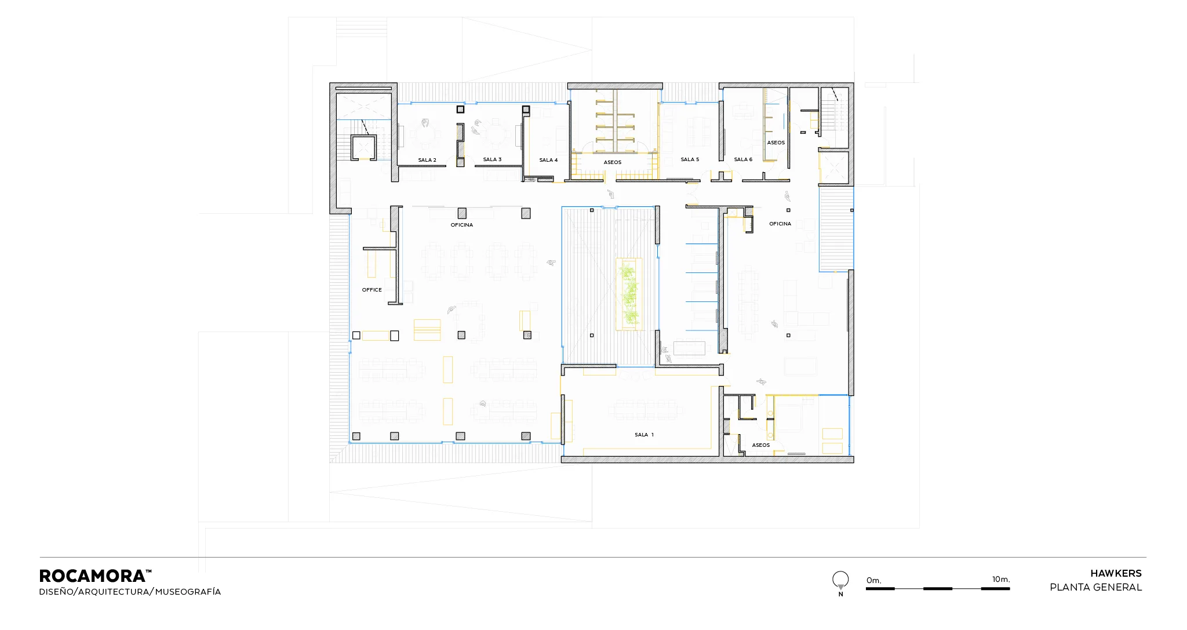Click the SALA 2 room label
click(427, 160)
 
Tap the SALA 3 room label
click(492, 159)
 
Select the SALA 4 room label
click(548, 160)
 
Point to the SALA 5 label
click(690, 159)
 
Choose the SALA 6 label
click(743, 159)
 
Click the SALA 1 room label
click(644, 435)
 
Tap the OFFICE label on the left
click(372, 290)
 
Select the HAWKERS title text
click(1116, 573)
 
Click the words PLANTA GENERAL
click(1096, 587)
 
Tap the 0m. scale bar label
click(873, 580)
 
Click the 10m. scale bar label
click(1001, 579)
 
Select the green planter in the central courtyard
click(629, 294)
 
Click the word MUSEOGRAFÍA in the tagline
click(188, 592)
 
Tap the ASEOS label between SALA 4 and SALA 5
click(613, 162)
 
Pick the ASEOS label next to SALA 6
click(776, 143)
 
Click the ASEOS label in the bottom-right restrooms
click(761, 445)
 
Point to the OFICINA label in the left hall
click(462, 225)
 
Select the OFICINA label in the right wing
click(780, 224)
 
